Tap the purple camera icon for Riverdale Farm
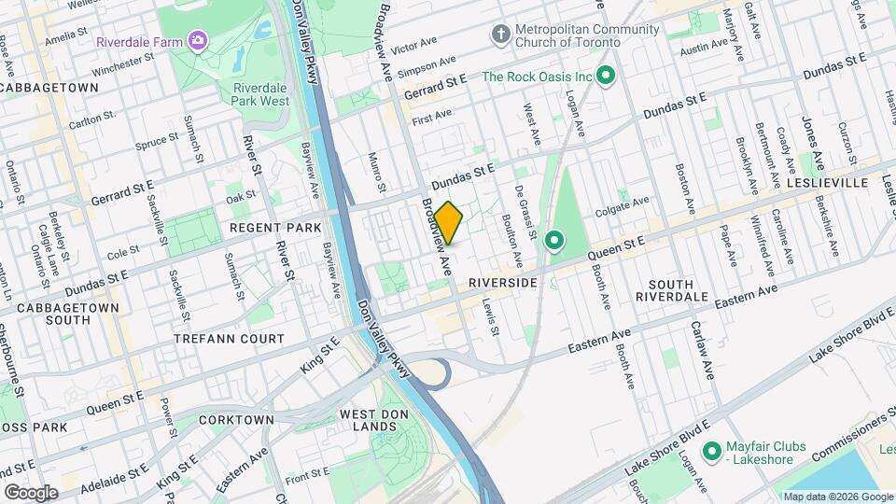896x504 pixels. point(197,40)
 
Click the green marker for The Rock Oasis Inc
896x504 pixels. point(605,77)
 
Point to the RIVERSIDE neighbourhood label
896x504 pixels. point(502,282)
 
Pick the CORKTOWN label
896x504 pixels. point(236,420)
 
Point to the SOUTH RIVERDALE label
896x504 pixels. point(685,290)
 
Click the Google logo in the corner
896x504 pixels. point(31,492)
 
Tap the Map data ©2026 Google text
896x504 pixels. point(837,497)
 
